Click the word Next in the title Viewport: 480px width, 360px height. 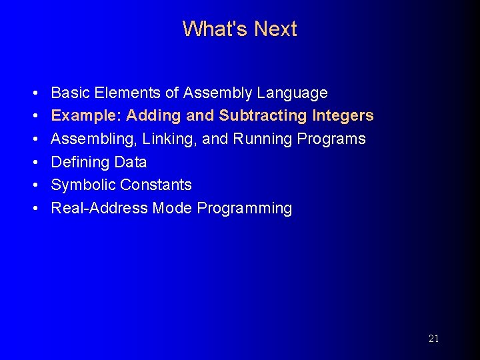click(x=275, y=29)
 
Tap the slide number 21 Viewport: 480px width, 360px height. click(x=433, y=339)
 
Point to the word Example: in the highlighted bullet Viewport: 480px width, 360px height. click(x=87, y=115)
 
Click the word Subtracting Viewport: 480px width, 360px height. click(x=263, y=115)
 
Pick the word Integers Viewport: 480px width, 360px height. click(x=343, y=115)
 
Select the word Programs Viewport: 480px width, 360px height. click(x=332, y=139)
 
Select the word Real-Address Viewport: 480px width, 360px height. click(x=99, y=208)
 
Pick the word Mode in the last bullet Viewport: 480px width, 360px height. click(x=172, y=208)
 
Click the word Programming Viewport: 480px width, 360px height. click(x=245, y=208)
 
